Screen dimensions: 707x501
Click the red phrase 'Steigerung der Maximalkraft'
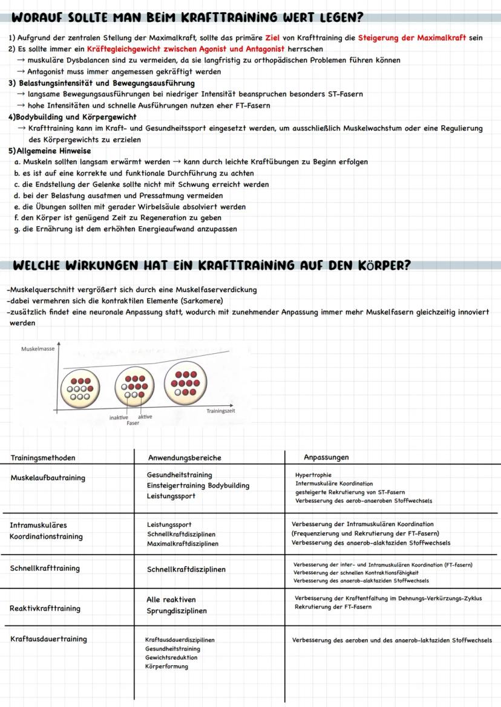tap(412, 37)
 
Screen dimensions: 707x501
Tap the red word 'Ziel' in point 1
tap(275, 37)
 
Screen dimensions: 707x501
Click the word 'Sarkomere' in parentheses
tap(203, 301)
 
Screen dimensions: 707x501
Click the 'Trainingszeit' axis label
tap(221, 411)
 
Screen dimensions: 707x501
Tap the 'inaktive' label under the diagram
tap(119, 417)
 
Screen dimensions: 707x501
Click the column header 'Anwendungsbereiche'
tap(185, 458)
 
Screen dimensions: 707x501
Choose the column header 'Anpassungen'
tap(326, 457)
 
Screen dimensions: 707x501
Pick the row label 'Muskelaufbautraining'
tap(48, 478)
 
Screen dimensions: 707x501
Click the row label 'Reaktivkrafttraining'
tap(45, 608)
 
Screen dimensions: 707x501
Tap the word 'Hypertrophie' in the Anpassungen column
tap(313, 475)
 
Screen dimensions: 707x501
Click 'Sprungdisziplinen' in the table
tap(176, 611)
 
